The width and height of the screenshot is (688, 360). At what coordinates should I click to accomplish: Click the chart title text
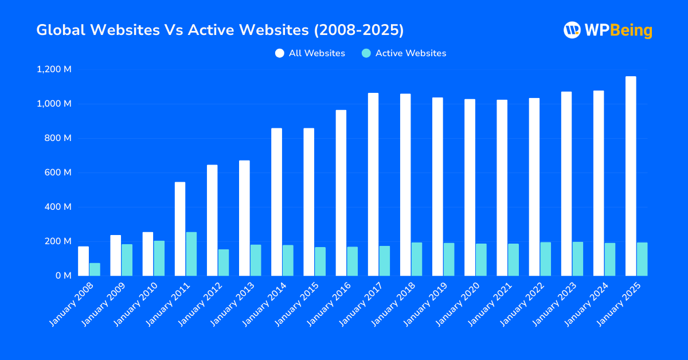pos(220,30)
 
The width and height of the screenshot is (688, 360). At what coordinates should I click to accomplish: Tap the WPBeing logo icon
pos(572,30)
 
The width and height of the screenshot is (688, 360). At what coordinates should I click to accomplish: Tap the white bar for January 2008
pos(84,261)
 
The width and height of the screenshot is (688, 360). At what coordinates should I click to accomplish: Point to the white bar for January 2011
pos(180,229)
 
